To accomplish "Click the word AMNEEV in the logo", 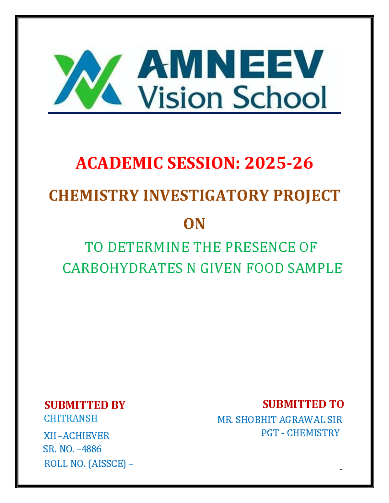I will (x=230, y=65).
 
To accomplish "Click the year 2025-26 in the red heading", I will (x=279, y=163).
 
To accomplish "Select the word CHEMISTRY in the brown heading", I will (x=94, y=196).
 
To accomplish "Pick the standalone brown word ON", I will (x=194, y=224).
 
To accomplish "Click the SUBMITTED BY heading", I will (x=85, y=405).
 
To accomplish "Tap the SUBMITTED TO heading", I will (x=303, y=404).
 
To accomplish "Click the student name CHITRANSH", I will (x=71, y=418).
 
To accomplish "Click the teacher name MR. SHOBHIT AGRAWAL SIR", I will (x=279, y=420).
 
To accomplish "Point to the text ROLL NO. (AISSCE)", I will (x=85, y=464).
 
